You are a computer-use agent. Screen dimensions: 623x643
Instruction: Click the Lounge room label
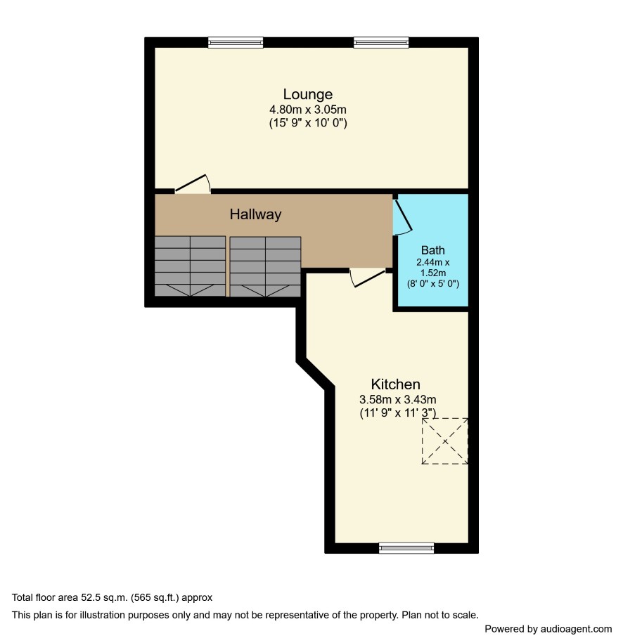click(x=308, y=94)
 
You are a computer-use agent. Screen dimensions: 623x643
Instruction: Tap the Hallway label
click(x=255, y=214)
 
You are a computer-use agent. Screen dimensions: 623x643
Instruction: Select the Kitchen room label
click(x=396, y=384)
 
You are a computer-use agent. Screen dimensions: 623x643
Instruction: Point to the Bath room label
click(x=433, y=250)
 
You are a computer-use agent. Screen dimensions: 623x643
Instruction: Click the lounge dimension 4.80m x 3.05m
click(x=308, y=110)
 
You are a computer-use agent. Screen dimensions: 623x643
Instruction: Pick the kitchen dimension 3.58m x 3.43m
click(x=398, y=399)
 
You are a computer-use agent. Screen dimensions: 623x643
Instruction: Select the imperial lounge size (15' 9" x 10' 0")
click(x=308, y=122)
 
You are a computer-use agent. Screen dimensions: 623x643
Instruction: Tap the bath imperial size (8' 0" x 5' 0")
click(x=433, y=283)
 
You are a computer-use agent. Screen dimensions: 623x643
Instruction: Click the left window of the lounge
click(x=235, y=42)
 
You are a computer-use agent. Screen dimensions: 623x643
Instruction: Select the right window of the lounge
click(x=381, y=42)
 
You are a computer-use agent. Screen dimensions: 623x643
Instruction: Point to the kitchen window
click(x=406, y=548)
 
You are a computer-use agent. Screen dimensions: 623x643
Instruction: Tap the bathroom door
click(x=402, y=217)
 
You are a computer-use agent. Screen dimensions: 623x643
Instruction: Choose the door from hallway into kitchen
click(x=368, y=278)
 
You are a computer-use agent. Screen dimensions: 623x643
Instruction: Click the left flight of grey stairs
click(x=190, y=266)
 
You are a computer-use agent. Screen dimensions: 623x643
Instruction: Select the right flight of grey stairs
click(x=266, y=266)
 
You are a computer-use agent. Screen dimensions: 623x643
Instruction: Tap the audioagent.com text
click(x=576, y=629)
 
